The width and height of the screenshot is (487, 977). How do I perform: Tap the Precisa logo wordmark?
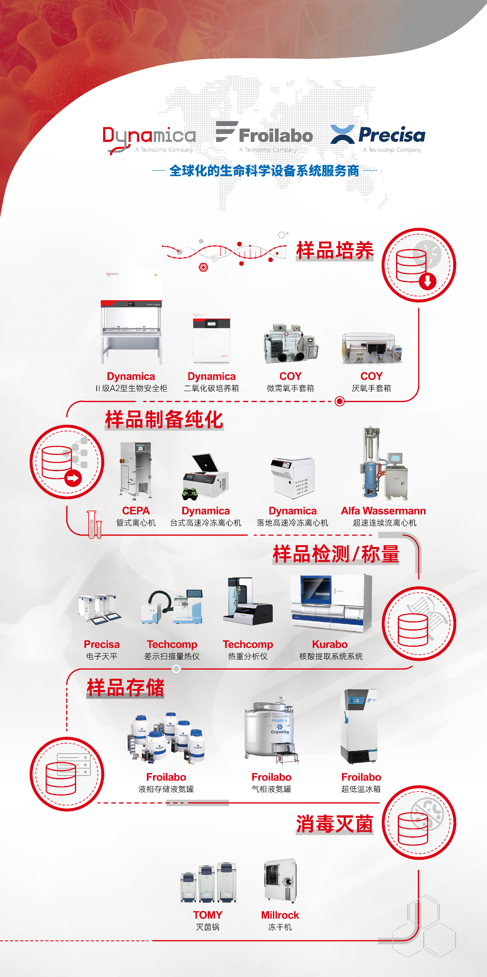pyautogui.click(x=392, y=135)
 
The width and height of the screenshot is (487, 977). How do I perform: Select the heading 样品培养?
pyautogui.click(x=335, y=251)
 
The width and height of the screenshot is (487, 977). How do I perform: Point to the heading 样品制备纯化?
pyautogui.click(x=164, y=420)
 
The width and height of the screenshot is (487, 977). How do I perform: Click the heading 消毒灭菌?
pyautogui.click(x=334, y=824)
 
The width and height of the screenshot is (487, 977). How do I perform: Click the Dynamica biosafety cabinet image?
pyautogui.click(x=131, y=317)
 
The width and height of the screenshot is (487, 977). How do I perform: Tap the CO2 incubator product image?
pyautogui.click(x=212, y=337)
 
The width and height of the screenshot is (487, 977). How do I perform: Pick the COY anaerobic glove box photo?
pyautogui.click(x=372, y=348)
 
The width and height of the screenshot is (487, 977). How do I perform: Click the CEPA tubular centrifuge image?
pyautogui.click(x=136, y=471)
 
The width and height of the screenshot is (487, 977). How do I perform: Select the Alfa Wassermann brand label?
pyautogui.click(x=383, y=511)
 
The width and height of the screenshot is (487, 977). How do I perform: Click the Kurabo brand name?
pyautogui.click(x=330, y=644)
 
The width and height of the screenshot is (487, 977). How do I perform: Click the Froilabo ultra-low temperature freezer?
pyautogui.click(x=359, y=726)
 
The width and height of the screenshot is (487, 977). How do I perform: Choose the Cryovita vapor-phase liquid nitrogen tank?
pyautogui.click(x=272, y=731)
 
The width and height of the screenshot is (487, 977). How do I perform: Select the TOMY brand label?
pyautogui.click(x=208, y=915)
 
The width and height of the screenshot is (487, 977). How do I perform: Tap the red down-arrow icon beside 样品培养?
pyautogui.click(x=428, y=282)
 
